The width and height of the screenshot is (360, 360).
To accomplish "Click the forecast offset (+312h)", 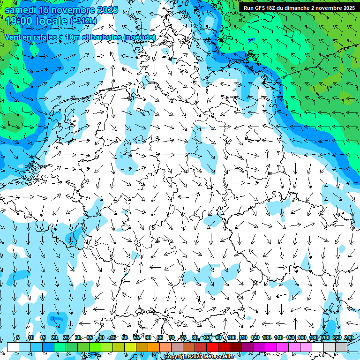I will [x=83, y=21].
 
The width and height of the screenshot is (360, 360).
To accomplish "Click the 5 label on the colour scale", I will [x=18, y=337].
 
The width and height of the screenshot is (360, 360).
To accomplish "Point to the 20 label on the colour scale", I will [x=54, y=337].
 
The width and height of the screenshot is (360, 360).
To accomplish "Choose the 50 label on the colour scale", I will [x=124, y=337].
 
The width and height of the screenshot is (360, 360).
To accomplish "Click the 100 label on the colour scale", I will [x=231, y=337].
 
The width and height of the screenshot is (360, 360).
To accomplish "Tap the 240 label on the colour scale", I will [x=349, y=337].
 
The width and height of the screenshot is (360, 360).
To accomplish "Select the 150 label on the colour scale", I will [x=290, y=337].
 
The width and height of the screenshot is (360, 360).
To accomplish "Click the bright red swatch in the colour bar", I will [x=212, y=347].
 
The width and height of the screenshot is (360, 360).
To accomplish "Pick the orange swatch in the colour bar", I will [x=153, y=347].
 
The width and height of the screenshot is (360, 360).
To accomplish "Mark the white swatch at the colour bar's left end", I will [x=13, y=347].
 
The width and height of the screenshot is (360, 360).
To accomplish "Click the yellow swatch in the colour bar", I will [x=130, y=347].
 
